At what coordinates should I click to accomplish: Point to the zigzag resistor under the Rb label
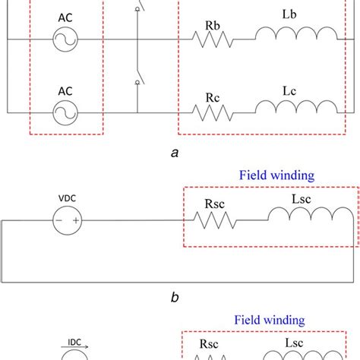pos(213,38)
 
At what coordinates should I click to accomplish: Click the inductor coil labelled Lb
pos(295,35)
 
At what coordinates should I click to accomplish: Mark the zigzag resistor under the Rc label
pos(213,112)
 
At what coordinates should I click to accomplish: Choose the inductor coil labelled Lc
pos(295,109)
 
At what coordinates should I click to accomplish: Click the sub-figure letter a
pos(175,153)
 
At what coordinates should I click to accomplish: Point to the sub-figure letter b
pos(175,298)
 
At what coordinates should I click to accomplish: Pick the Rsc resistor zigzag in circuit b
pos(213,220)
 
